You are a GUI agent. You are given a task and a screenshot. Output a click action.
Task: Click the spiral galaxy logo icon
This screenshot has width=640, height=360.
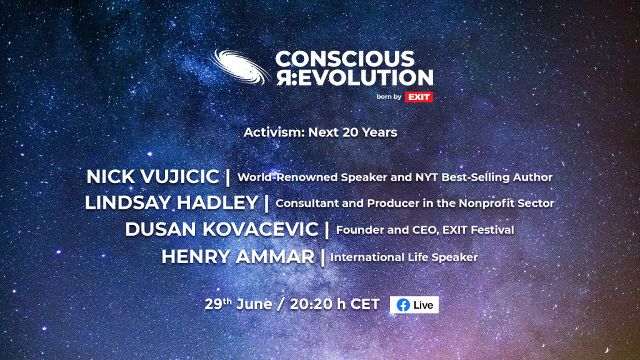240,67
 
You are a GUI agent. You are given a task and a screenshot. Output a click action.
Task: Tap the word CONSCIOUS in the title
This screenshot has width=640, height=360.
345,59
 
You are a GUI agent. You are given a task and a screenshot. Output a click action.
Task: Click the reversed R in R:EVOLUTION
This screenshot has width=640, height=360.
284,77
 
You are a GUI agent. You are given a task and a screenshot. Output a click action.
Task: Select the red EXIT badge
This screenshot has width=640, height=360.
419,97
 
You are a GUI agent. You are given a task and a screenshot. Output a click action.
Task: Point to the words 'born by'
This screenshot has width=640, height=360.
389,97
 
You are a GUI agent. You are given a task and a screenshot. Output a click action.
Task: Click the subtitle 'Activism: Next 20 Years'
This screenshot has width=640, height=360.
321,132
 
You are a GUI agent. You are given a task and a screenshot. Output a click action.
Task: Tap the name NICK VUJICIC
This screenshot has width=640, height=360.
152,177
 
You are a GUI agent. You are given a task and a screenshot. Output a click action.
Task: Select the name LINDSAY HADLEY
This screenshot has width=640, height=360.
171,203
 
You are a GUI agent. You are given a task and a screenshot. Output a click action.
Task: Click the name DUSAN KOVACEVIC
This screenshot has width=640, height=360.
222,229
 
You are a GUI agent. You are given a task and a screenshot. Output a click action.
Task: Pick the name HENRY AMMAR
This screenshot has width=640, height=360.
238,257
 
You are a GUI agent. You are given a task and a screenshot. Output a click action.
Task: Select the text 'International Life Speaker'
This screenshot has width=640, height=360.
404,257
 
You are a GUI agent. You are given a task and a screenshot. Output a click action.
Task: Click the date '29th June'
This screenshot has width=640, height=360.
238,304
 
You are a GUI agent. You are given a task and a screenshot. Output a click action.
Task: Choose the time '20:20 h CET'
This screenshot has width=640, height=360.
335,304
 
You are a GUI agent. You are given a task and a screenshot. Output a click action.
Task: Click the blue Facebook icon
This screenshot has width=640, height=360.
403,305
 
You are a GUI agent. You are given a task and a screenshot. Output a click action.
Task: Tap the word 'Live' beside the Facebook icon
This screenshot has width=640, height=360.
423,305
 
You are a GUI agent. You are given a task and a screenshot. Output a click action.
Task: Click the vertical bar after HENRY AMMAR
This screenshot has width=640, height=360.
323,257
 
